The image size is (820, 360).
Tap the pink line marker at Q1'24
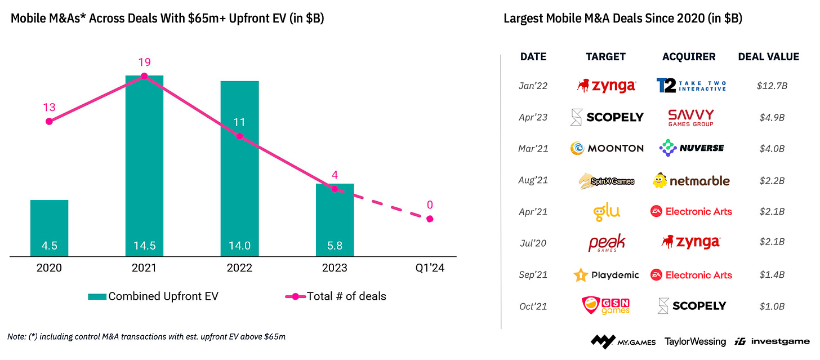click(430, 219)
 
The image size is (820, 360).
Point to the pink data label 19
click(144, 62)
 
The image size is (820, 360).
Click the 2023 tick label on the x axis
click(334, 268)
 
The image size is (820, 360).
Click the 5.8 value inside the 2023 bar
click(335, 246)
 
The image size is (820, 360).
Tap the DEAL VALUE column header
click(768, 56)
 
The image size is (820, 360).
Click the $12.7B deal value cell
click(772, 86)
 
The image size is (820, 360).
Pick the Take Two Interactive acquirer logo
click(691, 86)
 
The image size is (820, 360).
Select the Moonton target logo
click(607, 148)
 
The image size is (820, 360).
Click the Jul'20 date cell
click(532, 243)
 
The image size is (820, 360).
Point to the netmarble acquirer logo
click(691, 181)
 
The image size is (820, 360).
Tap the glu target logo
click(607, 212)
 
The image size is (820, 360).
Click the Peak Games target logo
click(607, 243)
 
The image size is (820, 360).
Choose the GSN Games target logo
click(606, 306)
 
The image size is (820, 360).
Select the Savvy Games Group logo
click(690, 117)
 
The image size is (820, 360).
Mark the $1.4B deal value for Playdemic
click(772, 275)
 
